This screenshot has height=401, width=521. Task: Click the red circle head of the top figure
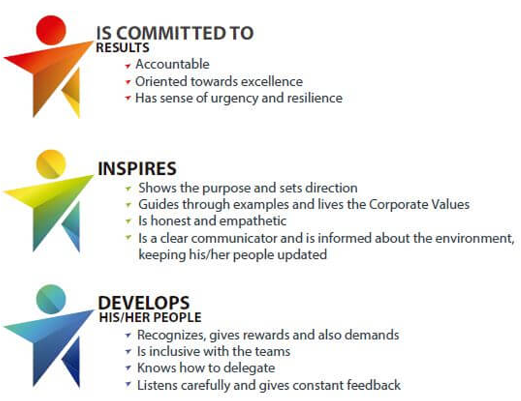[51, 30]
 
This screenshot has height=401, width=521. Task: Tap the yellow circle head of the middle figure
[51, 164]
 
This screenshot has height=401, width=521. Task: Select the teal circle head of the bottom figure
[51, 299]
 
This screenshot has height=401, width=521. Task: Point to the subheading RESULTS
[122, 48]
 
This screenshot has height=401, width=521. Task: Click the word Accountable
[173, 64]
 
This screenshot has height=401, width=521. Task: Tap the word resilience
[314, 98]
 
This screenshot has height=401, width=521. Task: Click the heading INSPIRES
[137, 168]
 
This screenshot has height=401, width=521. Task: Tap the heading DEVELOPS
[143, 303]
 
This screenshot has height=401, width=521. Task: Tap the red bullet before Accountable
[128, 66]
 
